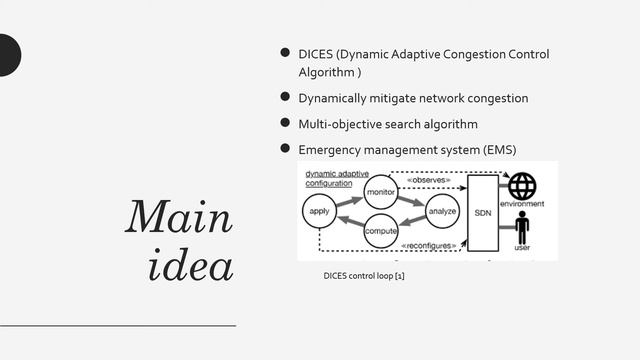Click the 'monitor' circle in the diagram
click(381, 190)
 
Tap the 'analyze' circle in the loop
click(442, 212)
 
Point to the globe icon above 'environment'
click(522, 186)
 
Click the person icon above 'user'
click(521, 226)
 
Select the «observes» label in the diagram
click(429, 181)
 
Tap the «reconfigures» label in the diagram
click(429, 245)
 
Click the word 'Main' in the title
click(179, 217)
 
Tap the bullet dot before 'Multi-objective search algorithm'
click(284, 123)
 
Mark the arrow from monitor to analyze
click(412, 199)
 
